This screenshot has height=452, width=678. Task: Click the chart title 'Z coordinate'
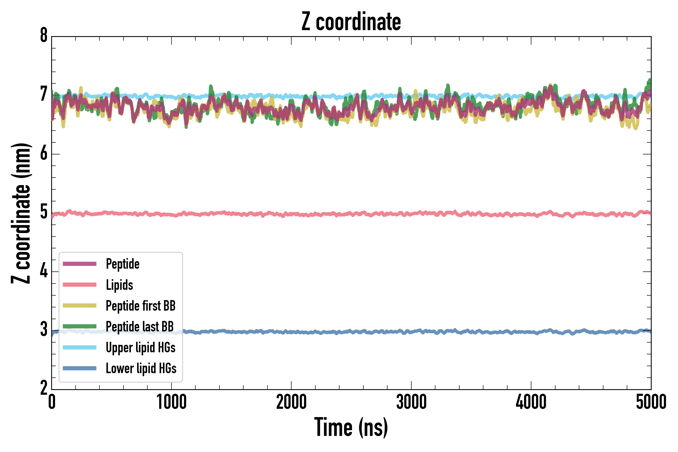[351, 22]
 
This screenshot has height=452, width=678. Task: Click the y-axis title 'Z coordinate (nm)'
[21, 213]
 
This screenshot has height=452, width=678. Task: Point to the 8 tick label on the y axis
[44, 36]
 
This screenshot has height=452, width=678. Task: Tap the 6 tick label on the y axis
[44, 154]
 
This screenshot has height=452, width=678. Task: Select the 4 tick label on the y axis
[44, 271]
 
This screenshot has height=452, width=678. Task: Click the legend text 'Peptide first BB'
[140, 306]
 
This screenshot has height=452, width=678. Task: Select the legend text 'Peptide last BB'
[140, 327]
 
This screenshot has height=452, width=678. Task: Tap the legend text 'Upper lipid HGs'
[140, 348]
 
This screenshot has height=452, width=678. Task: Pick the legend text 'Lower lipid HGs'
[141, 369]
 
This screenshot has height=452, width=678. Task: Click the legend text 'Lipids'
[119, 285]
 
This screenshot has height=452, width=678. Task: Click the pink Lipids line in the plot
[375, 214]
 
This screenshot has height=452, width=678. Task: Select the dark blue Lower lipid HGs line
[375, 332]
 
